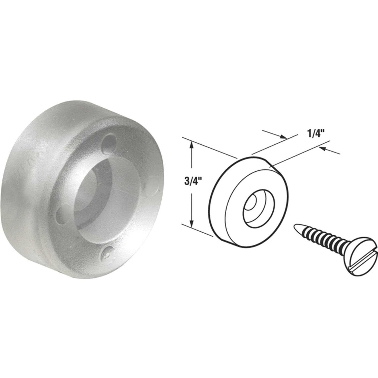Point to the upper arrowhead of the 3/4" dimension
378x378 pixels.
192,145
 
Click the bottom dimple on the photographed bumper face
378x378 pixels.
109,252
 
